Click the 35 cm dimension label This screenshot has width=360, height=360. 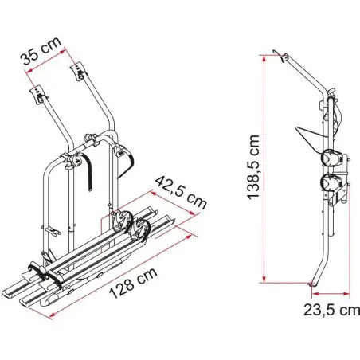tap(41, 51)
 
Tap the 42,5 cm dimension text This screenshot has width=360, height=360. tap(181, 193)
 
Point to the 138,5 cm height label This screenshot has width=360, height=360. tap(253, 166)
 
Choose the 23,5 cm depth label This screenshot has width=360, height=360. tap(331, 310)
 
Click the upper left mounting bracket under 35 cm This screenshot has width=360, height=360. tap(39, 95)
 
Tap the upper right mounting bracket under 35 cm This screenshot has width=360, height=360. tap(79, 71)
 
